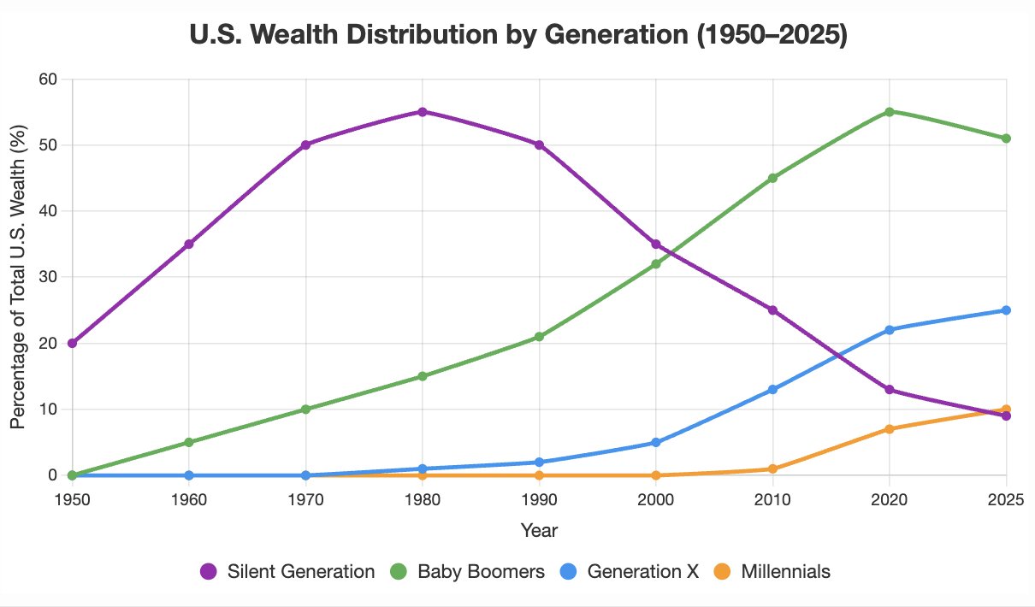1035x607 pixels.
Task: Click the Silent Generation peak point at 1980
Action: click(x=423, y=112)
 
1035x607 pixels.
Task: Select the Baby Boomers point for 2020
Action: click(x=890, y=112)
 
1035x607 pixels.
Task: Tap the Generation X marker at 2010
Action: click(x=772, y=389)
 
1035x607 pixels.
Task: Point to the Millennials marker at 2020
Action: click(x=890, y=429)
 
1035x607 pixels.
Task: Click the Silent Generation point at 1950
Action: click(x=73, y=343)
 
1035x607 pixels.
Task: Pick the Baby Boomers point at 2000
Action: click(x=656, y=264)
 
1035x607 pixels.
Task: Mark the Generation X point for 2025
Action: click(x=1006, y=310)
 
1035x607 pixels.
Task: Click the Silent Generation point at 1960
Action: click(x=189, y=245)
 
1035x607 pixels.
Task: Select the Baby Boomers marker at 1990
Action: click(x=539, y=337)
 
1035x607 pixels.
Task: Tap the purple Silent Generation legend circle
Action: click(x=209, y=572)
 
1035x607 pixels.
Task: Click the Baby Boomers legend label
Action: click(x=481, y=572)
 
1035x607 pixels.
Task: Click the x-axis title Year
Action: click(x=539, y=531)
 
